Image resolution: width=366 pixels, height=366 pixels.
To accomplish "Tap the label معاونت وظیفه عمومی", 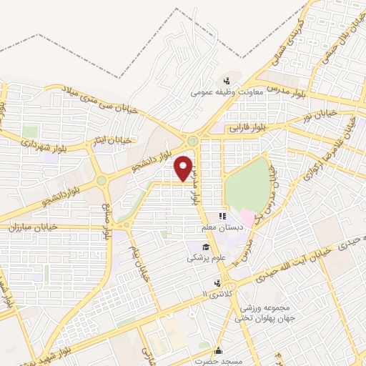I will point(227,92).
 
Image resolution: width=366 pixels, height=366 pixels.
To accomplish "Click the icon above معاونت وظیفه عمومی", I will point(227,80).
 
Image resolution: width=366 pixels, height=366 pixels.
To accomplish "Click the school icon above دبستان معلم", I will point(222,215).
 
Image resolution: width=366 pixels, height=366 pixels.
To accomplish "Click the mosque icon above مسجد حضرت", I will point(218,350).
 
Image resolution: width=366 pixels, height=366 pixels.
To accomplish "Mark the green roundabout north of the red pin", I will point(193,140).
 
